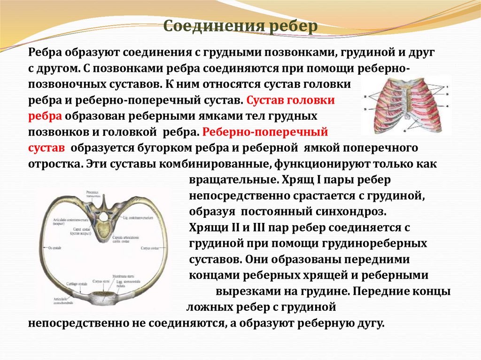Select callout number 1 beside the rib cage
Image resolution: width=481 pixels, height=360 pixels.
click(x=447, y=87)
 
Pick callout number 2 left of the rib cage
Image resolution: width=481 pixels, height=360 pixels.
click(x=365, y=94)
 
